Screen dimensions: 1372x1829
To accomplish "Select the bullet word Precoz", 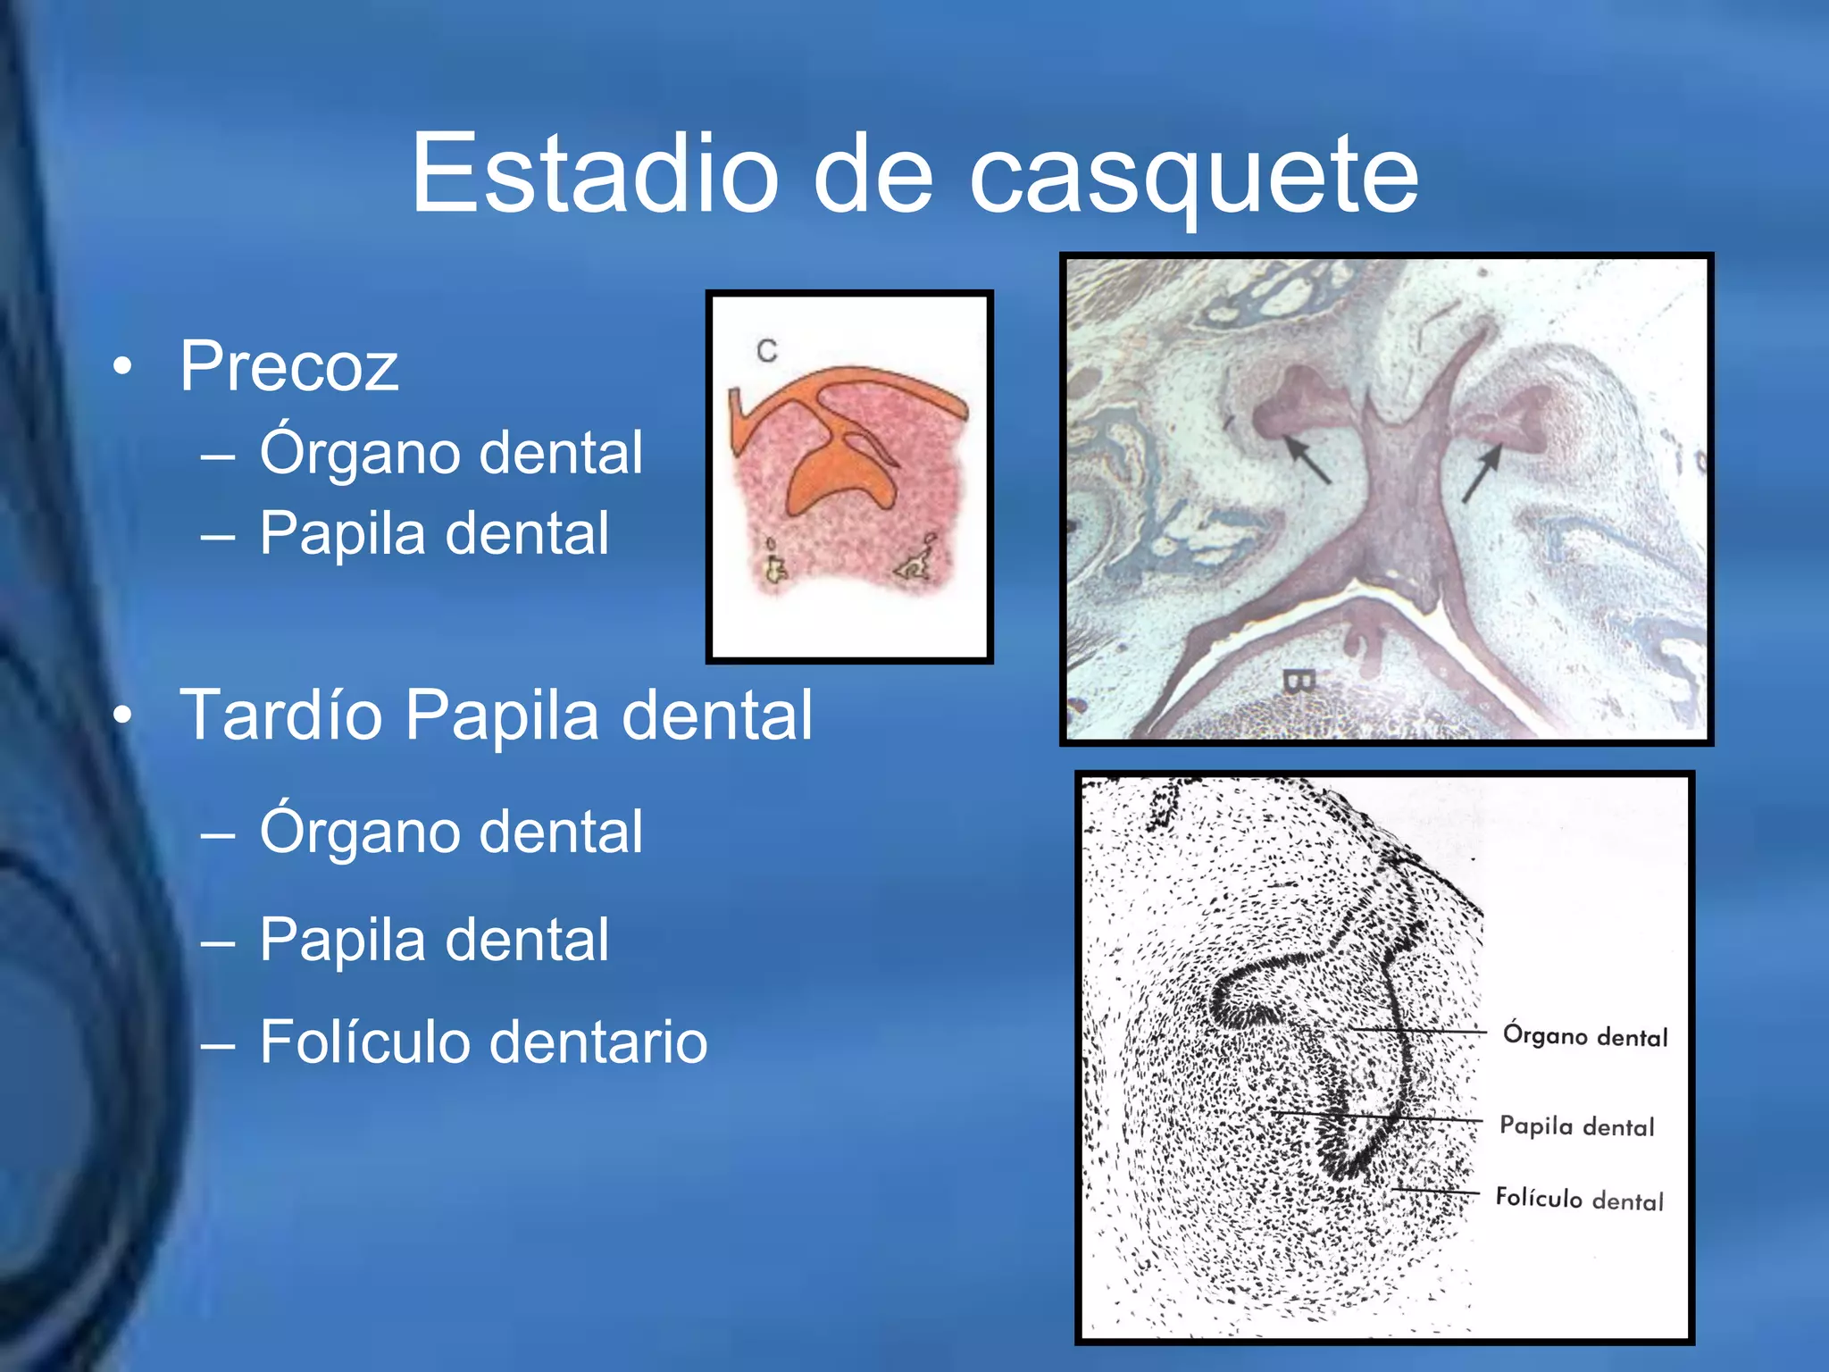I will (x=288, y=366).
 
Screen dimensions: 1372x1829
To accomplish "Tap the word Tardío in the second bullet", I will (x=280, y=715).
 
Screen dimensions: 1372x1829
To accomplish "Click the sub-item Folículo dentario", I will (x=483, y=1042).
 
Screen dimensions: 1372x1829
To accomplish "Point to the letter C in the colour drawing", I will (x=766, y=351).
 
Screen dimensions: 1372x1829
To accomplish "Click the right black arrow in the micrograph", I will (x=1482, y=473).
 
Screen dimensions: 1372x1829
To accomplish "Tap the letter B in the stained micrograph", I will (x=1299, y=682).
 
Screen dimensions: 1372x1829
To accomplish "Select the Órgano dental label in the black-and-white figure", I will (x=1585, y=1036).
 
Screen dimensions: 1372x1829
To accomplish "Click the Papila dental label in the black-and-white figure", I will (x=1576, y=1126).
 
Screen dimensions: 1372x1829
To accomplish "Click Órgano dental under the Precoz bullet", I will (x=451, y=452).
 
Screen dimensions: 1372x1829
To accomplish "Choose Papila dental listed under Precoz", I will (x=434, y=533).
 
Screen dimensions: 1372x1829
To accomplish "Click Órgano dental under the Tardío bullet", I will (x=451, y=832).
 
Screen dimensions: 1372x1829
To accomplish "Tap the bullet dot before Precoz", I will (x=123, y=366).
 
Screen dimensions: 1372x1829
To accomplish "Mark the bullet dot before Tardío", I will (x=123, y=715).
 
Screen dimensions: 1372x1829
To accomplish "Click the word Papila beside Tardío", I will (x=502, y=715).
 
